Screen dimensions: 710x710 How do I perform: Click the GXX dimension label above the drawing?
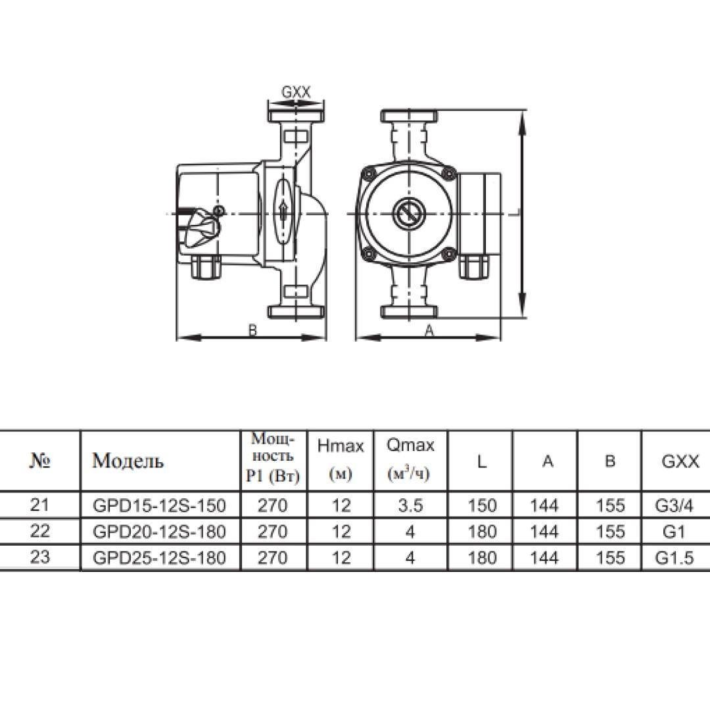(x=296, y=93)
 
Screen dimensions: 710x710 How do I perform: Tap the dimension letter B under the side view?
(x=252, y=330)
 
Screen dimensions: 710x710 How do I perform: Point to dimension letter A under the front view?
(x=429, y=331)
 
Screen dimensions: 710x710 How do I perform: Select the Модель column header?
(x=128, y=460)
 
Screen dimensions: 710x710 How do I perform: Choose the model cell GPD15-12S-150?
(x=159, y=506)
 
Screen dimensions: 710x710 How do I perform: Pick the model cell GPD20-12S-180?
(x=159, y=532)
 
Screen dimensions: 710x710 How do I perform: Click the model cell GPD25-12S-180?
(x=159, y=558)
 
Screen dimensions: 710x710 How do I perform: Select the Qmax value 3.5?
(x=410, y=506)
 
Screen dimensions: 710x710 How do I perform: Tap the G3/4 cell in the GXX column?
(x=674, y=506)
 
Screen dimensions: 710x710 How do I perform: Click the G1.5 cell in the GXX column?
(x=674, y=558)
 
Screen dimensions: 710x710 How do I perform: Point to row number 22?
(x=39, y=531)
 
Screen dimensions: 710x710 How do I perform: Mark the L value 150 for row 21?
(x=483, y=506)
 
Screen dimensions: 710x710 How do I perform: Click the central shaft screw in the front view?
(x=409, y=213)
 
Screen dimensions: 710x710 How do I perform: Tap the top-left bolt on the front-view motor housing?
(x=368, y=172)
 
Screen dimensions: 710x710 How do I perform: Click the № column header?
(x=39, y=461)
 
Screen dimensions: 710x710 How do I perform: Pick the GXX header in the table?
(x=680, y=461)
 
